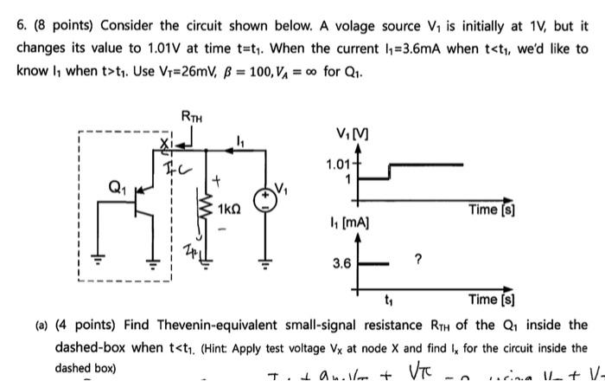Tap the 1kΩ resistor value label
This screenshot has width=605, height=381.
[229, 210]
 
